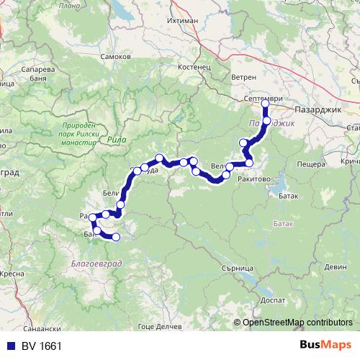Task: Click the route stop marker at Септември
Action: (265, 104)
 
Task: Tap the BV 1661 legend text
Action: (41, 346)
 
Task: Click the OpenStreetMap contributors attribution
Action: (298, 322)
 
